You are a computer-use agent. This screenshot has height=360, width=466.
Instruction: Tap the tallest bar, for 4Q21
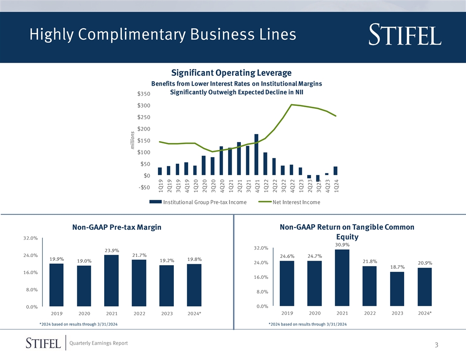[256, 154]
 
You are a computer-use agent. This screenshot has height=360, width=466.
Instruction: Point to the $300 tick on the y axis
[144, 105]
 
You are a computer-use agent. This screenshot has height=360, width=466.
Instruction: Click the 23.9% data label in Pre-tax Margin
[112, 251]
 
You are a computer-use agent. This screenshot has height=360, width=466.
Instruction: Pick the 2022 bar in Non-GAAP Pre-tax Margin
[139, 283]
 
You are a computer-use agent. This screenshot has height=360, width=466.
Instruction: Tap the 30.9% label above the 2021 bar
[342, 245]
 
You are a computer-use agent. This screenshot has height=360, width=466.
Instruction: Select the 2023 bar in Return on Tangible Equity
[397, 289]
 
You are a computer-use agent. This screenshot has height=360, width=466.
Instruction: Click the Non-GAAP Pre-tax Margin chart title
[116, 228]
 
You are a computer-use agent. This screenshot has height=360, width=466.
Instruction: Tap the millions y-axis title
[132, 141]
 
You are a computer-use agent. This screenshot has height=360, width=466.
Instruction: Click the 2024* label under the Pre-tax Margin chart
[194, 314]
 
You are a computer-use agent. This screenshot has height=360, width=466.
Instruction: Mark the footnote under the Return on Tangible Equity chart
[308, 325]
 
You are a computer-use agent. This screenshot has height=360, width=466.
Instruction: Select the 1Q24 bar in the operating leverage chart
[335, 171]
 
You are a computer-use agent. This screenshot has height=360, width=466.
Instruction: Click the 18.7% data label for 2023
[398, 267]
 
